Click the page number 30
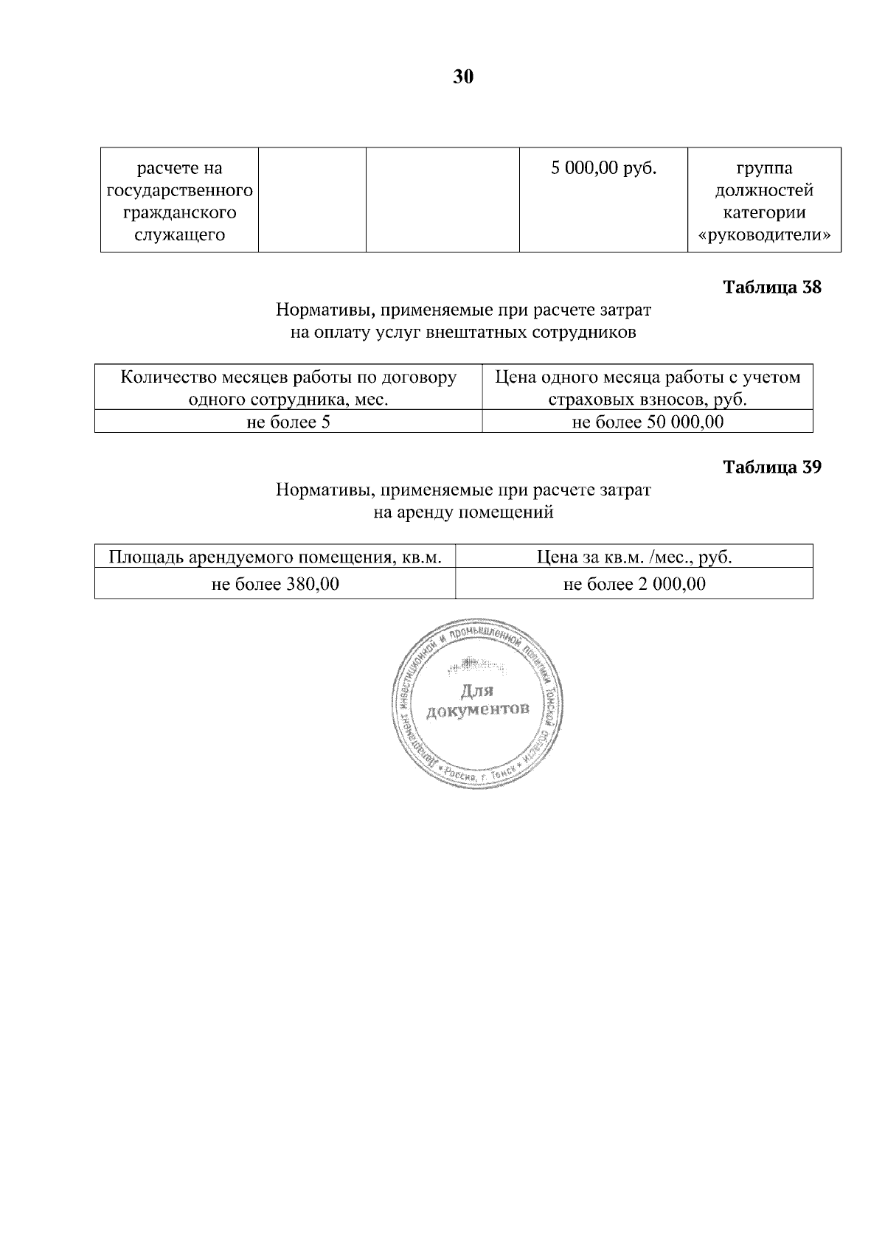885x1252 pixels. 462,77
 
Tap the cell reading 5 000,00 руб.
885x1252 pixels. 603,168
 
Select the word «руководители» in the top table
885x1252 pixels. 764,235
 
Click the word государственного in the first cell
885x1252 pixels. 180,191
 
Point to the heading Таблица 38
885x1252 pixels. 771,287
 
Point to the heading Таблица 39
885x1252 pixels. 771,467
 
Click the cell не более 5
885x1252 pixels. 288,422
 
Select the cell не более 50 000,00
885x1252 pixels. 648,422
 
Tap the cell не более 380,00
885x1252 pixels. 275,585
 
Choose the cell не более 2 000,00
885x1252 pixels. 634,585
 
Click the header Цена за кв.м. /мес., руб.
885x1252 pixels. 634,557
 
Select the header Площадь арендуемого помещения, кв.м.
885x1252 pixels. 275,557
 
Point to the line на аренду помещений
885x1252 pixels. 463,512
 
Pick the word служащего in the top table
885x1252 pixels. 179,235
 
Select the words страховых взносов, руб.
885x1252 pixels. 647,400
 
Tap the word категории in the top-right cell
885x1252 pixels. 764,213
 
